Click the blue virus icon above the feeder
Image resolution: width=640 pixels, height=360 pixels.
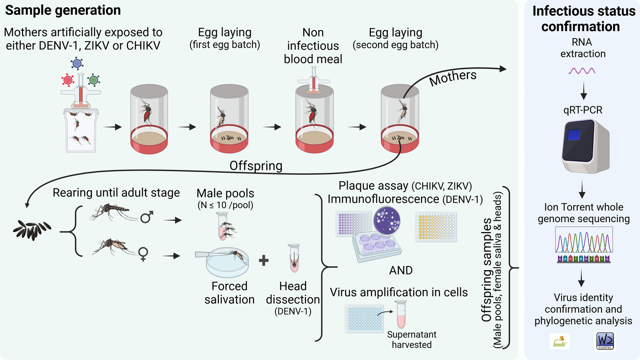(77, 63)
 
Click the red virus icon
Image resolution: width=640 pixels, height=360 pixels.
(68, 80)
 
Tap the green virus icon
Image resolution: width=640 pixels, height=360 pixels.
(94, 80)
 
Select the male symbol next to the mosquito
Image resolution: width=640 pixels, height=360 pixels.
(147, 217)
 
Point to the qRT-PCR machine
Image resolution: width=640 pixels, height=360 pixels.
(585, 146)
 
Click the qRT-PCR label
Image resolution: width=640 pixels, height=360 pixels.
(583, 110)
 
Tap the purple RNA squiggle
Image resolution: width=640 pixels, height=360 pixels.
(582, 71)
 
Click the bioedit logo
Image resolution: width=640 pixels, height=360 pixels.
(559, 341)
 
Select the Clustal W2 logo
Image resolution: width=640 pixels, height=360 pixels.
(605, 341)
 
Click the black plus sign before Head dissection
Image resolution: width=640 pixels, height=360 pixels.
(264, 261)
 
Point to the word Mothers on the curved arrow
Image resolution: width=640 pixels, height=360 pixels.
(453, 78)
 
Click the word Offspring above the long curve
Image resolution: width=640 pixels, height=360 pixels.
(256, 166)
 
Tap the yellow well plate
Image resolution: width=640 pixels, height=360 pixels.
(436, 227)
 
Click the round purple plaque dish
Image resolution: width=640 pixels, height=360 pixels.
(387, 220)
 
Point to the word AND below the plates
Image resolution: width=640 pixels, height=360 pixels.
(401, 270)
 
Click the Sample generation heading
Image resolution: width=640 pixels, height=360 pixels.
(63, 11)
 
